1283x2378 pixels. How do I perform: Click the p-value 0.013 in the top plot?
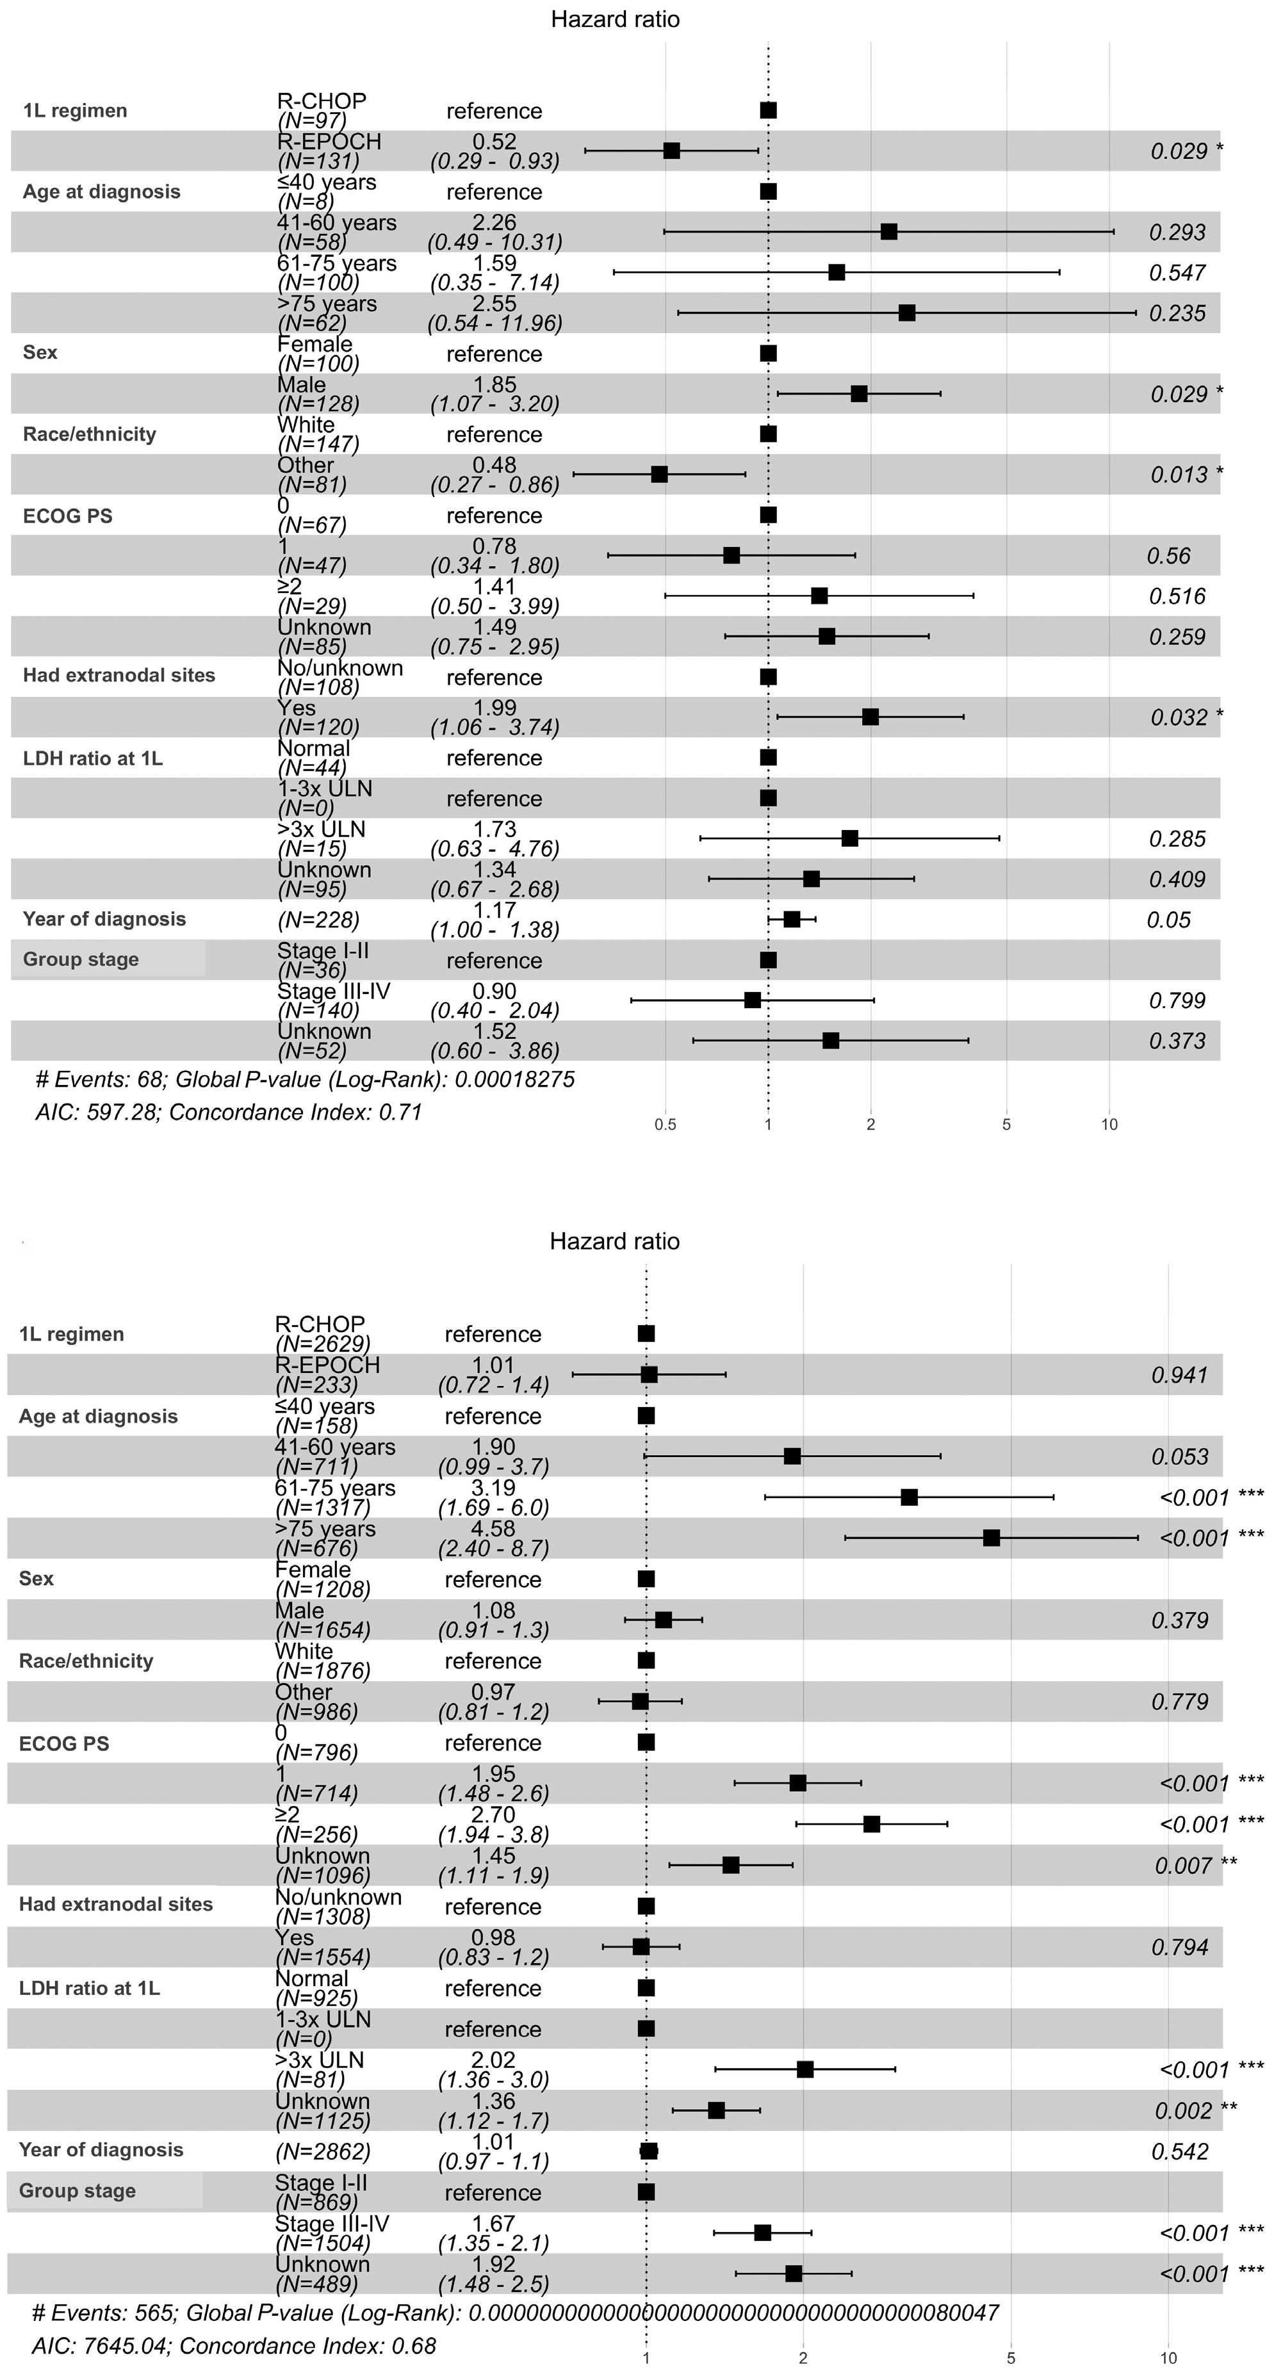pyautogui.click(x=1178, y=475)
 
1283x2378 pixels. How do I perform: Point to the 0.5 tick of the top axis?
pyautogui.click(x=666, y=1125)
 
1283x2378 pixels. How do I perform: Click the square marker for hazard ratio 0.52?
pyautogui.click(x=672, y=151)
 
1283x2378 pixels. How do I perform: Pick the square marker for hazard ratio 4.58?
pyautogui.click(x=992, y=1538)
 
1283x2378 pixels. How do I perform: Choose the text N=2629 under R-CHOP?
pyautogui.click(x=322, y=1344)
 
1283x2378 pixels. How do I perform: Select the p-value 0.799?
pyautogui.click(x=1178, y=1000)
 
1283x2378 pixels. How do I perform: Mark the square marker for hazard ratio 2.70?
pyautogui.click(x=871, y=1824)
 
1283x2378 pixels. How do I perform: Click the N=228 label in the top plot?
pyautogui.click(x=318, y=920)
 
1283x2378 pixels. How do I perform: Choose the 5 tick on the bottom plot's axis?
pyautogui.click(x=1011, y=2359)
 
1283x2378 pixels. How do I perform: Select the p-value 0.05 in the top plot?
pyautogui.click(x=1168, y=920)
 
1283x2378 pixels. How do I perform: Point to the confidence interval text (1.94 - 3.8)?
pyautogui.click(x=494, y=1834)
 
